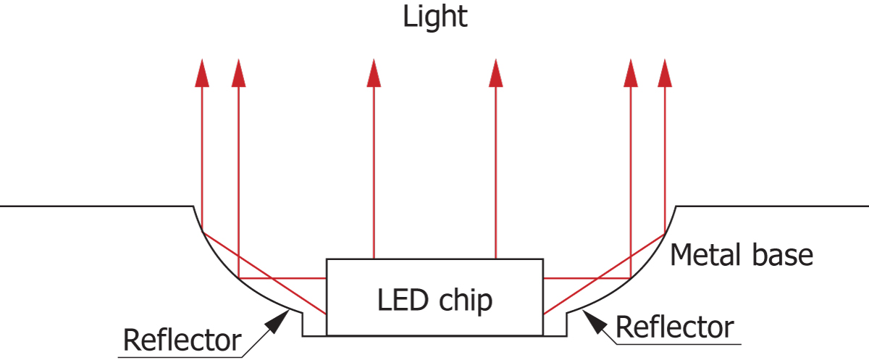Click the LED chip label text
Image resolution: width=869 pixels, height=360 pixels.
pyautogui.click(x=434, y=299)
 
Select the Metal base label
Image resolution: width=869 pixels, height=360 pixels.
pyautogui.click(x=742, y=255)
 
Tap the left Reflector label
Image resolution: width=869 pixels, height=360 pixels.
pyautogui.click(x=182, y=339)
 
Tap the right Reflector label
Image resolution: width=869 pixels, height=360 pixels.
pyautogui.click(x=674, y=327)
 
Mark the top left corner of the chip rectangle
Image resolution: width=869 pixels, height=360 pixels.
pyautogui.click(x=327, y=259)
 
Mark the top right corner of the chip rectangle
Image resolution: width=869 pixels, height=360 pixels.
pyautogui.click(x=543, y=259)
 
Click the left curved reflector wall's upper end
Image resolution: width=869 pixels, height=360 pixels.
pyautogui.click(x=193, y=207)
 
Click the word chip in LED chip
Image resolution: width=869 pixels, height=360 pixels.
pyautogui.click(x=467, y=301)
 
